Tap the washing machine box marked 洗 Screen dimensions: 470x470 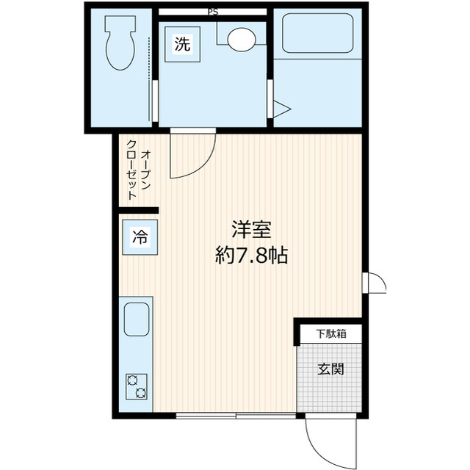(182, 43)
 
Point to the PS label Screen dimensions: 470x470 (212, 11)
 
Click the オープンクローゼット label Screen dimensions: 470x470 (137, 174)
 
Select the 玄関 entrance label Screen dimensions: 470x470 (330, 369)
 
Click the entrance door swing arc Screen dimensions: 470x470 (323, 441)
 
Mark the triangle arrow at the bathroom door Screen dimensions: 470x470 (283, 110)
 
